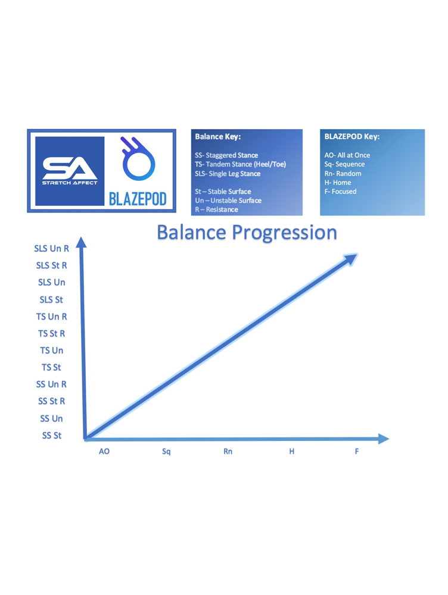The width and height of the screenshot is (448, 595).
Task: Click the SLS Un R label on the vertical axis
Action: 52,249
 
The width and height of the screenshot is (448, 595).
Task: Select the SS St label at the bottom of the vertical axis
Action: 52,436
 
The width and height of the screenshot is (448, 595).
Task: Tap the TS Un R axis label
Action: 52,317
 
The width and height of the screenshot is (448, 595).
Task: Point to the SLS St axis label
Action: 51,300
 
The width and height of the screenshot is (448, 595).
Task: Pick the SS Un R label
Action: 51,384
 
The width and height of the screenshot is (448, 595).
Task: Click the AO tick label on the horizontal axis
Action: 104,451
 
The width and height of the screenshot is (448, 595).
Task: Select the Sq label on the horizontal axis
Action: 166,452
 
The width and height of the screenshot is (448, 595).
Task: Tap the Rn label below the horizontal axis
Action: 228,451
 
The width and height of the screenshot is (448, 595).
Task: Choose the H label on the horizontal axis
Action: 291,451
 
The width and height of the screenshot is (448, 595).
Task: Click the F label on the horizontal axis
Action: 357,451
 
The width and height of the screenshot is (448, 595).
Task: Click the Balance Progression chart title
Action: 247,232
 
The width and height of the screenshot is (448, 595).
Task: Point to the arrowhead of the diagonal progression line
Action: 350,259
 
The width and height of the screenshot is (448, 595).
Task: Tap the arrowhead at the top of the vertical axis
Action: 81,243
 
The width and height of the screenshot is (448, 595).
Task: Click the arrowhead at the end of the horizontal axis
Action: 384,439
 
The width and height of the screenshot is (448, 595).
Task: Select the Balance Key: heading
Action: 217,137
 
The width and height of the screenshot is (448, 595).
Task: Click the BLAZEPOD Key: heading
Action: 352,137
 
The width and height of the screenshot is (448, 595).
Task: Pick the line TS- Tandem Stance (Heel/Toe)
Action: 241,164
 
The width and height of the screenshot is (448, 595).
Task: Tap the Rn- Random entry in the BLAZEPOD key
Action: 343,173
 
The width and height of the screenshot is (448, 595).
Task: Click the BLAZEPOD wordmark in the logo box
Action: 138,199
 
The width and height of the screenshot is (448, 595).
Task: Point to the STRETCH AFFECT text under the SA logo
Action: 70,183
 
